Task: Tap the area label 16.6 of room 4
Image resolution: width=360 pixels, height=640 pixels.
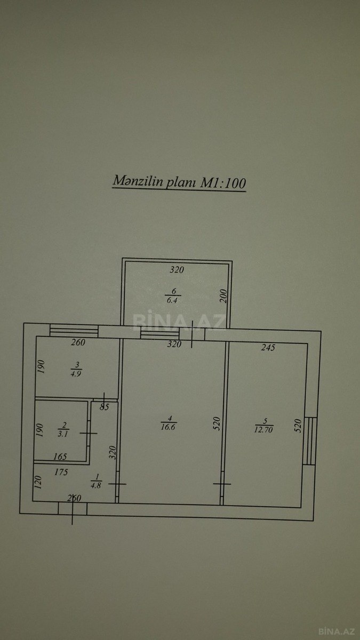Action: [x=168, y=427]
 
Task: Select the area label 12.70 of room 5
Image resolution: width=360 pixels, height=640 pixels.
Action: [x=263, y=429]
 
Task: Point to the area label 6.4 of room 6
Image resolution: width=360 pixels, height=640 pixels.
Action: [x=172, y=300]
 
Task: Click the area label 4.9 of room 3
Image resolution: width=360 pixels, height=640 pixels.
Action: [x=76, y=374]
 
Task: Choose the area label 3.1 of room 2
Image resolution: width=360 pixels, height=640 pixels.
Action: [x=62, y=434]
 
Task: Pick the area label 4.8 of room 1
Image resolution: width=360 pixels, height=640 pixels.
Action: [x=96, y=485]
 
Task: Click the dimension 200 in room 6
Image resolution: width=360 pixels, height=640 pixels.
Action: [x=224, y=297]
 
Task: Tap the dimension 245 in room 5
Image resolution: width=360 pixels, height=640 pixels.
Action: [x=268, y=347]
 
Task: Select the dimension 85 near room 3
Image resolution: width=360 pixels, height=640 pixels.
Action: [x=105, y=407]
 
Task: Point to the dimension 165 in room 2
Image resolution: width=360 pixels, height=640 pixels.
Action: [x=60, y=457]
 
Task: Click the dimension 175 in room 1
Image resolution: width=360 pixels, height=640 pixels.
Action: [x=61, y=473]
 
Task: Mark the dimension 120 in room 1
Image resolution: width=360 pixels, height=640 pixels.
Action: [x=38, y=482]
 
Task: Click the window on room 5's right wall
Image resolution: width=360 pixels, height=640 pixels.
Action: [x=310, y=441]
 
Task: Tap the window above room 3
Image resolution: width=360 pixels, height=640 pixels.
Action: [x=74, y=330]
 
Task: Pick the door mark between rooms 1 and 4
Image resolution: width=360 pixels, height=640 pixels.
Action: [x=117, y=484]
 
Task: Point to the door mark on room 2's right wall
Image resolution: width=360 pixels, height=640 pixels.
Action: [x=89, y=434]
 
